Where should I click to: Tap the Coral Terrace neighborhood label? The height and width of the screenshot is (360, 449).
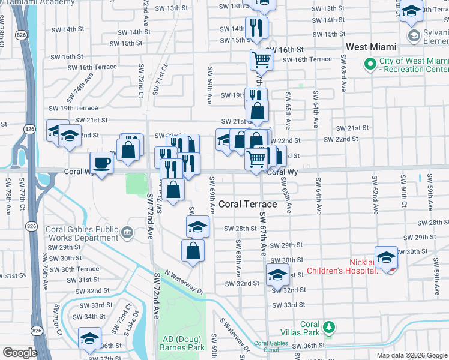click(x=247, y=204)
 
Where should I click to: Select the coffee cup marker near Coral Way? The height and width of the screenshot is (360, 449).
click(x=101, y=163)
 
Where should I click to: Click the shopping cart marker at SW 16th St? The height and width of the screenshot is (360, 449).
click(x=261, y=59)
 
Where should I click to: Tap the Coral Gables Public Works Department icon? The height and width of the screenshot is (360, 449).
click(x=127, y=232)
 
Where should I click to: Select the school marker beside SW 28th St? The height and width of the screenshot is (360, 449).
click(x=197, y=227)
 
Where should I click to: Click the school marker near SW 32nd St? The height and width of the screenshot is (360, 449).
click(x=277, y=275)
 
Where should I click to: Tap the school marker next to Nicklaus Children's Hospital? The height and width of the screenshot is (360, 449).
click(x=386, y=257)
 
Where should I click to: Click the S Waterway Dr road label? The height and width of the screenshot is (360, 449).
click(x=234, y=337)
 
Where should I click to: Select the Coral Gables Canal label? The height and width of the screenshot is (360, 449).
click(x=271, y=346)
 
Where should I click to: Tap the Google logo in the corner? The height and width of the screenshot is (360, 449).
click(x=20, y=352)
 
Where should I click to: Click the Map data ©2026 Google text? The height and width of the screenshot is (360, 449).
click(x=411, y=355)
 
